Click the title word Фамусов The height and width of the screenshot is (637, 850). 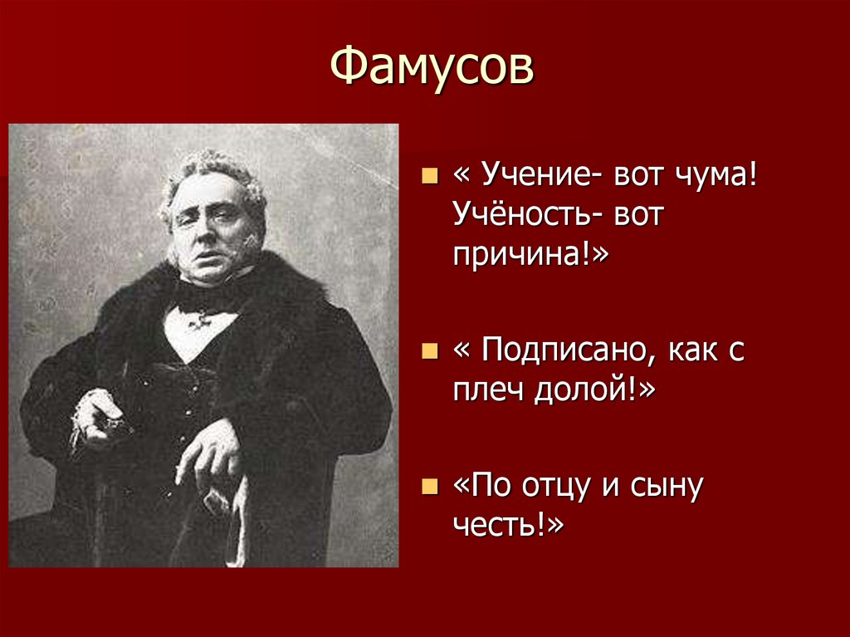[x=432, y=66]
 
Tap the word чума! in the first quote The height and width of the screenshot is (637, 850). [x=716, y=175]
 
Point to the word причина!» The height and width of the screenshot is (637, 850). [x=530, y=254]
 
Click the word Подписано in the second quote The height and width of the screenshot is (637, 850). [x=569, y=350]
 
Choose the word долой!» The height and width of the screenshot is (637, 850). [x=594, y=389]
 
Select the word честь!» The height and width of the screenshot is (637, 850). [x=508, y=524]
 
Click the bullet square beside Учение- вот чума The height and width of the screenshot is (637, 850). [x=429, y=176]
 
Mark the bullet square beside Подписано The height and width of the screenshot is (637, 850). [x=429, y=351]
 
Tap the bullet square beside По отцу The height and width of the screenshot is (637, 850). [x=429, y=487]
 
